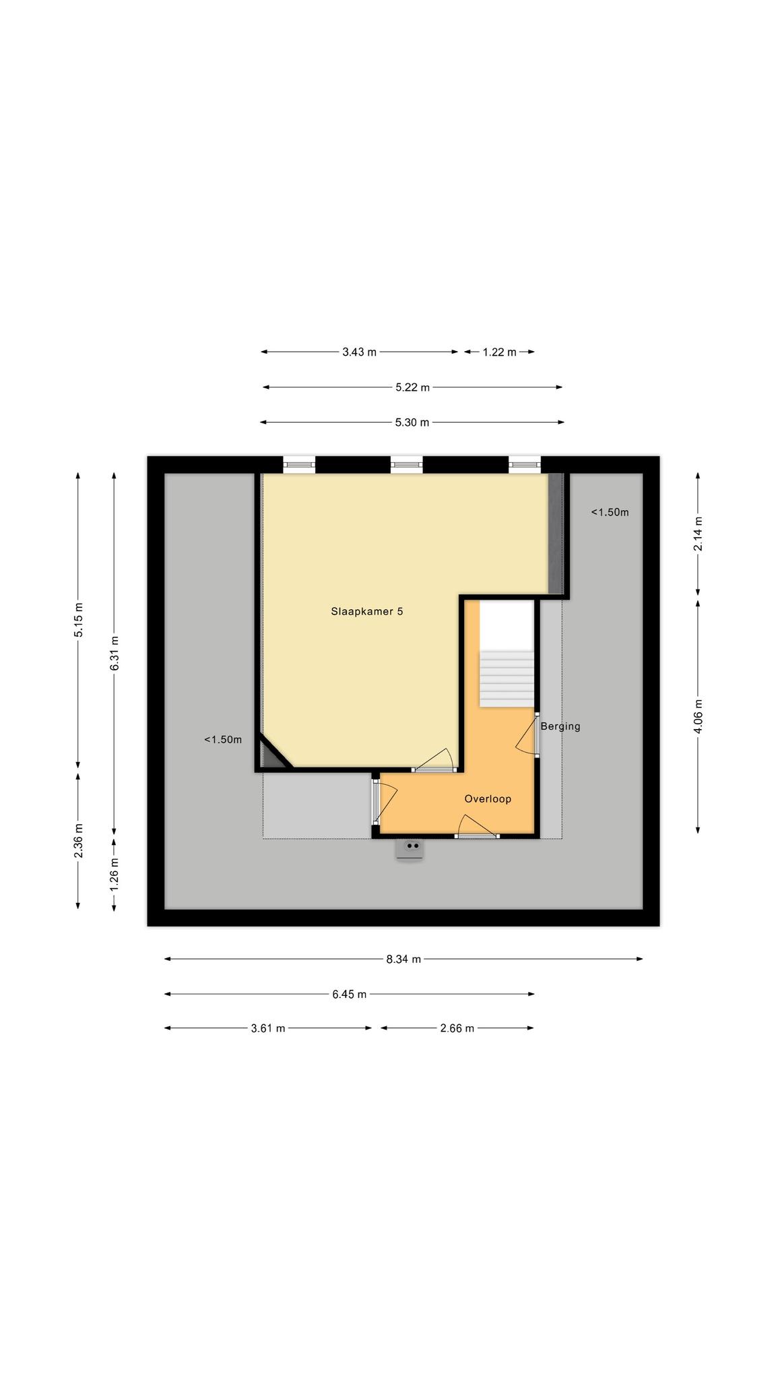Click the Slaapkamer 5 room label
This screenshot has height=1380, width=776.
[366, 612]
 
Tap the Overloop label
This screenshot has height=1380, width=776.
[488, 799]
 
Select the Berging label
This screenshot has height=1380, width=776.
[560, 726]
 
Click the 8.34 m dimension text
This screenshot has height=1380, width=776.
[403, 959]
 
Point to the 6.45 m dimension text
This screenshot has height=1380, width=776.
[350, 994]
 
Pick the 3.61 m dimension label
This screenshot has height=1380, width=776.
[268, 1028]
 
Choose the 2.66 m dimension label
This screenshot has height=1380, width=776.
[457, 1028]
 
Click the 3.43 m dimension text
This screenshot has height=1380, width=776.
[360, 352]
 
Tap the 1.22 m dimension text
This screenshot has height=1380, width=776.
[500, 352]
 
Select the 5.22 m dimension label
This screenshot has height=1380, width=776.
[412, 387]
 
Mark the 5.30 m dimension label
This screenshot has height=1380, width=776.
[412, 422]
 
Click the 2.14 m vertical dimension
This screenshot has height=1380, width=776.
[698, 534]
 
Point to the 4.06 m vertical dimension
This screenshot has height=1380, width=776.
[698, 716]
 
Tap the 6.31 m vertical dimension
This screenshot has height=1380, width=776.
[115, 654]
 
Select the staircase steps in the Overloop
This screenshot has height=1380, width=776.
[507, 679]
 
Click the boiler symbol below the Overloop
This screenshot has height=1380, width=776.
[410, 849]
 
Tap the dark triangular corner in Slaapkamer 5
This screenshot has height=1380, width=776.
[271, 756]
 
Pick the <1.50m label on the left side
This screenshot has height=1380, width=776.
[223, 740]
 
